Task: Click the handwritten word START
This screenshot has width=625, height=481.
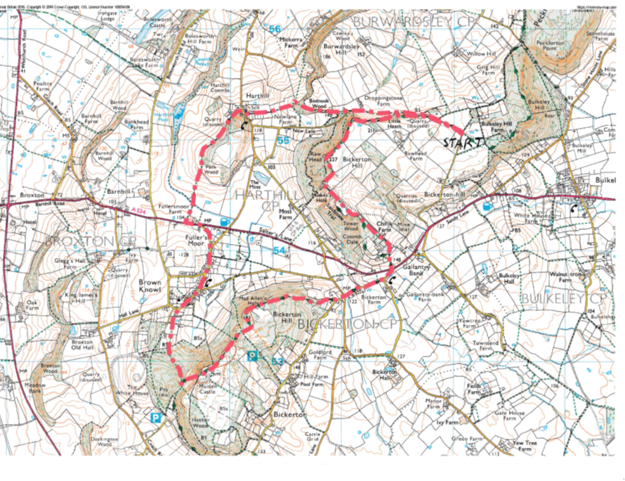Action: tap(462, 143)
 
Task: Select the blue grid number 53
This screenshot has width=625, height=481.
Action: tap(277, 360)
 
